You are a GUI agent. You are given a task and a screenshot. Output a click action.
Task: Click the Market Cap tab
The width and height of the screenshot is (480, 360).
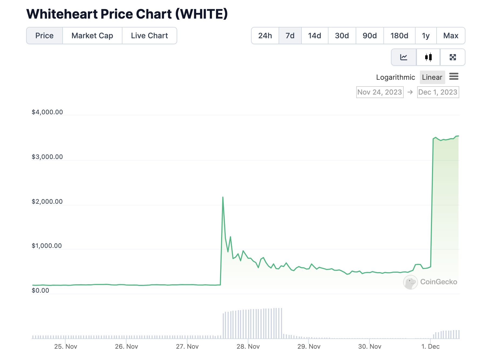[x=92, y=36]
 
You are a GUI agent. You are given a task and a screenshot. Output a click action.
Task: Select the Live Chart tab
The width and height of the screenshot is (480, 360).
[x=149, y=36]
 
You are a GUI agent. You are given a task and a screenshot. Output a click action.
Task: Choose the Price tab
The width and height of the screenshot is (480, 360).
[x=44, y=36]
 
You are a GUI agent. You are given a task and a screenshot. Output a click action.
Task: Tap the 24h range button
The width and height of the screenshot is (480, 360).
[x=265, y=36]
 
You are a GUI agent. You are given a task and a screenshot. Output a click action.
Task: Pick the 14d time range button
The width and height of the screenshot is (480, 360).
[x=314, y=36]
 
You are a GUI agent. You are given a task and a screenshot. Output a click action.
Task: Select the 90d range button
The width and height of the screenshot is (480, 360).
[x=369, y=36]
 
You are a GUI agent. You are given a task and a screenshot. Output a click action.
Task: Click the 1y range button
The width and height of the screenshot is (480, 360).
[x=426, y=36]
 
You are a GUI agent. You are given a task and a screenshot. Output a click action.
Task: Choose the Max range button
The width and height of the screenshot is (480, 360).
[x=451, y=36]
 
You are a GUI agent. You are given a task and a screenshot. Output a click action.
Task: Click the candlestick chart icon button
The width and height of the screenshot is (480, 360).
[x=428, y=57]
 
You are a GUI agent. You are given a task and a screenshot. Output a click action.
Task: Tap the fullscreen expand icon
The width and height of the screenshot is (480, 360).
[x=453, y=57]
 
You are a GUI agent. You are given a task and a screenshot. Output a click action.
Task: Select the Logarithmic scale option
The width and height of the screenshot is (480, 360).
[x=395, y=77]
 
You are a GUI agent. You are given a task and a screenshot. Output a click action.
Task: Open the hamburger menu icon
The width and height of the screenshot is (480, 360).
[x=454, y=77]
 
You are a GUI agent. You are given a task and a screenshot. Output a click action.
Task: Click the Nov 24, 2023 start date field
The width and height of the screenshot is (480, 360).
[x=380, y=92]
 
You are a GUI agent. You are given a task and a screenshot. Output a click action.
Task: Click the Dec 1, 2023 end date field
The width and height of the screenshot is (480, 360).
[x=438, y=92]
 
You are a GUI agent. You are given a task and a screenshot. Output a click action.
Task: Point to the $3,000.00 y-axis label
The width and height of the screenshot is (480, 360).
[x=47, y=157]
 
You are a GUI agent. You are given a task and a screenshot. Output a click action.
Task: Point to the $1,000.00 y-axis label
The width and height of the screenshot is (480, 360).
[x=47, y=246]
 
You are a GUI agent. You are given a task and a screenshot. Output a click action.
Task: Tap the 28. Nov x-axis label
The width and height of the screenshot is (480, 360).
[x=248, y=347]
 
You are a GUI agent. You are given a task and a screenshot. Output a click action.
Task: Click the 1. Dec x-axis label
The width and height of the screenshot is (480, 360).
[x=430, y=347]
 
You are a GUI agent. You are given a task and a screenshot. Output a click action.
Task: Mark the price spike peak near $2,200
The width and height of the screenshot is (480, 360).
[x=223, y=197]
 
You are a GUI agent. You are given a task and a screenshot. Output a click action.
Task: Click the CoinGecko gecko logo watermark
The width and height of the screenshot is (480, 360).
[x=410, y=282]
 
